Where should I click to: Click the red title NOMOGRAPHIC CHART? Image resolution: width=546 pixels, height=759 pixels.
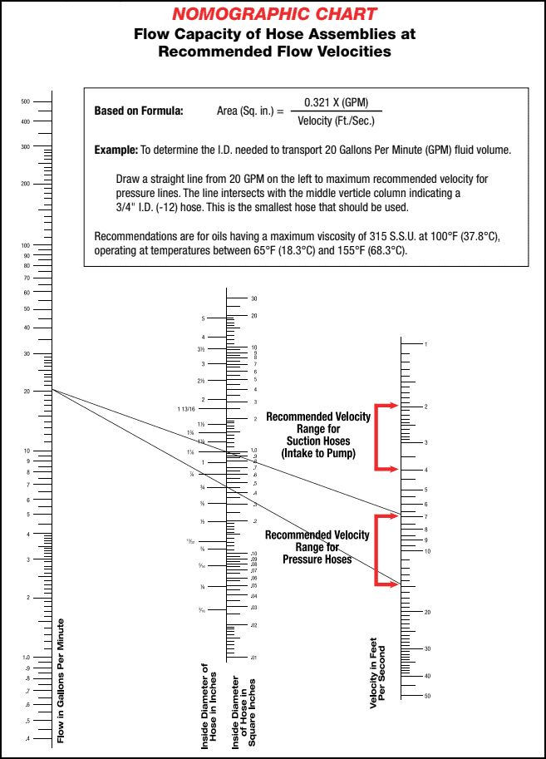click(273, 14)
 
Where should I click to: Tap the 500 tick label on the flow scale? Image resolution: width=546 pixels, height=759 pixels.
click(26, 102)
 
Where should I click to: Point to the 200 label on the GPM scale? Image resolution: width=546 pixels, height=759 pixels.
click(26, 184)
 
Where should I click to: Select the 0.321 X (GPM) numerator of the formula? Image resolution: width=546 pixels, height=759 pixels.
click(336, 103)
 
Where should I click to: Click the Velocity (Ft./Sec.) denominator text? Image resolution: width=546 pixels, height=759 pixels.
click(336, 121)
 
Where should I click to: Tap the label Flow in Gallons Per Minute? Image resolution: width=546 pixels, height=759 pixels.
click(61, 680)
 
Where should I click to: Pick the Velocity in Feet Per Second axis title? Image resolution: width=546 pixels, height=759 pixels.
click(378, 673)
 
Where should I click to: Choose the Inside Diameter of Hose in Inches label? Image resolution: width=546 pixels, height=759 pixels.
click(210, 705)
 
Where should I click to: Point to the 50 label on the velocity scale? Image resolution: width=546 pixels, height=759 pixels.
click(427, 696)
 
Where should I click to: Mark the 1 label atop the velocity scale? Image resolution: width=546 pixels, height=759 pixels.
click(425, 344)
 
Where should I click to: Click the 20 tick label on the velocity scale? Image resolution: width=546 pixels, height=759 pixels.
click(426, 613)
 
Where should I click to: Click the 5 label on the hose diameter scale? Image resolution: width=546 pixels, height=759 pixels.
click(203, 318)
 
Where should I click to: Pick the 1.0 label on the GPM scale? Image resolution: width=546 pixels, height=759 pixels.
click(27, 658)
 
